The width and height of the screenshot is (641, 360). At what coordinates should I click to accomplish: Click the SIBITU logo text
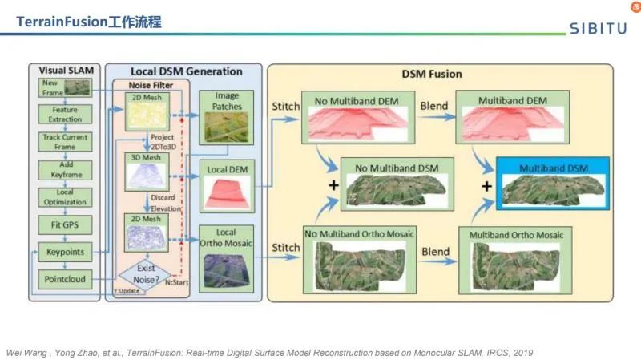(599, 29)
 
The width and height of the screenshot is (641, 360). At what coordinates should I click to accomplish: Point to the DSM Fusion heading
(432, 75)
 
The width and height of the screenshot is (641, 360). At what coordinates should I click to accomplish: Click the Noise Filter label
(147, 84)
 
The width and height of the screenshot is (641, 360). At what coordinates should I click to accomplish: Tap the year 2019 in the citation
(521, 352)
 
